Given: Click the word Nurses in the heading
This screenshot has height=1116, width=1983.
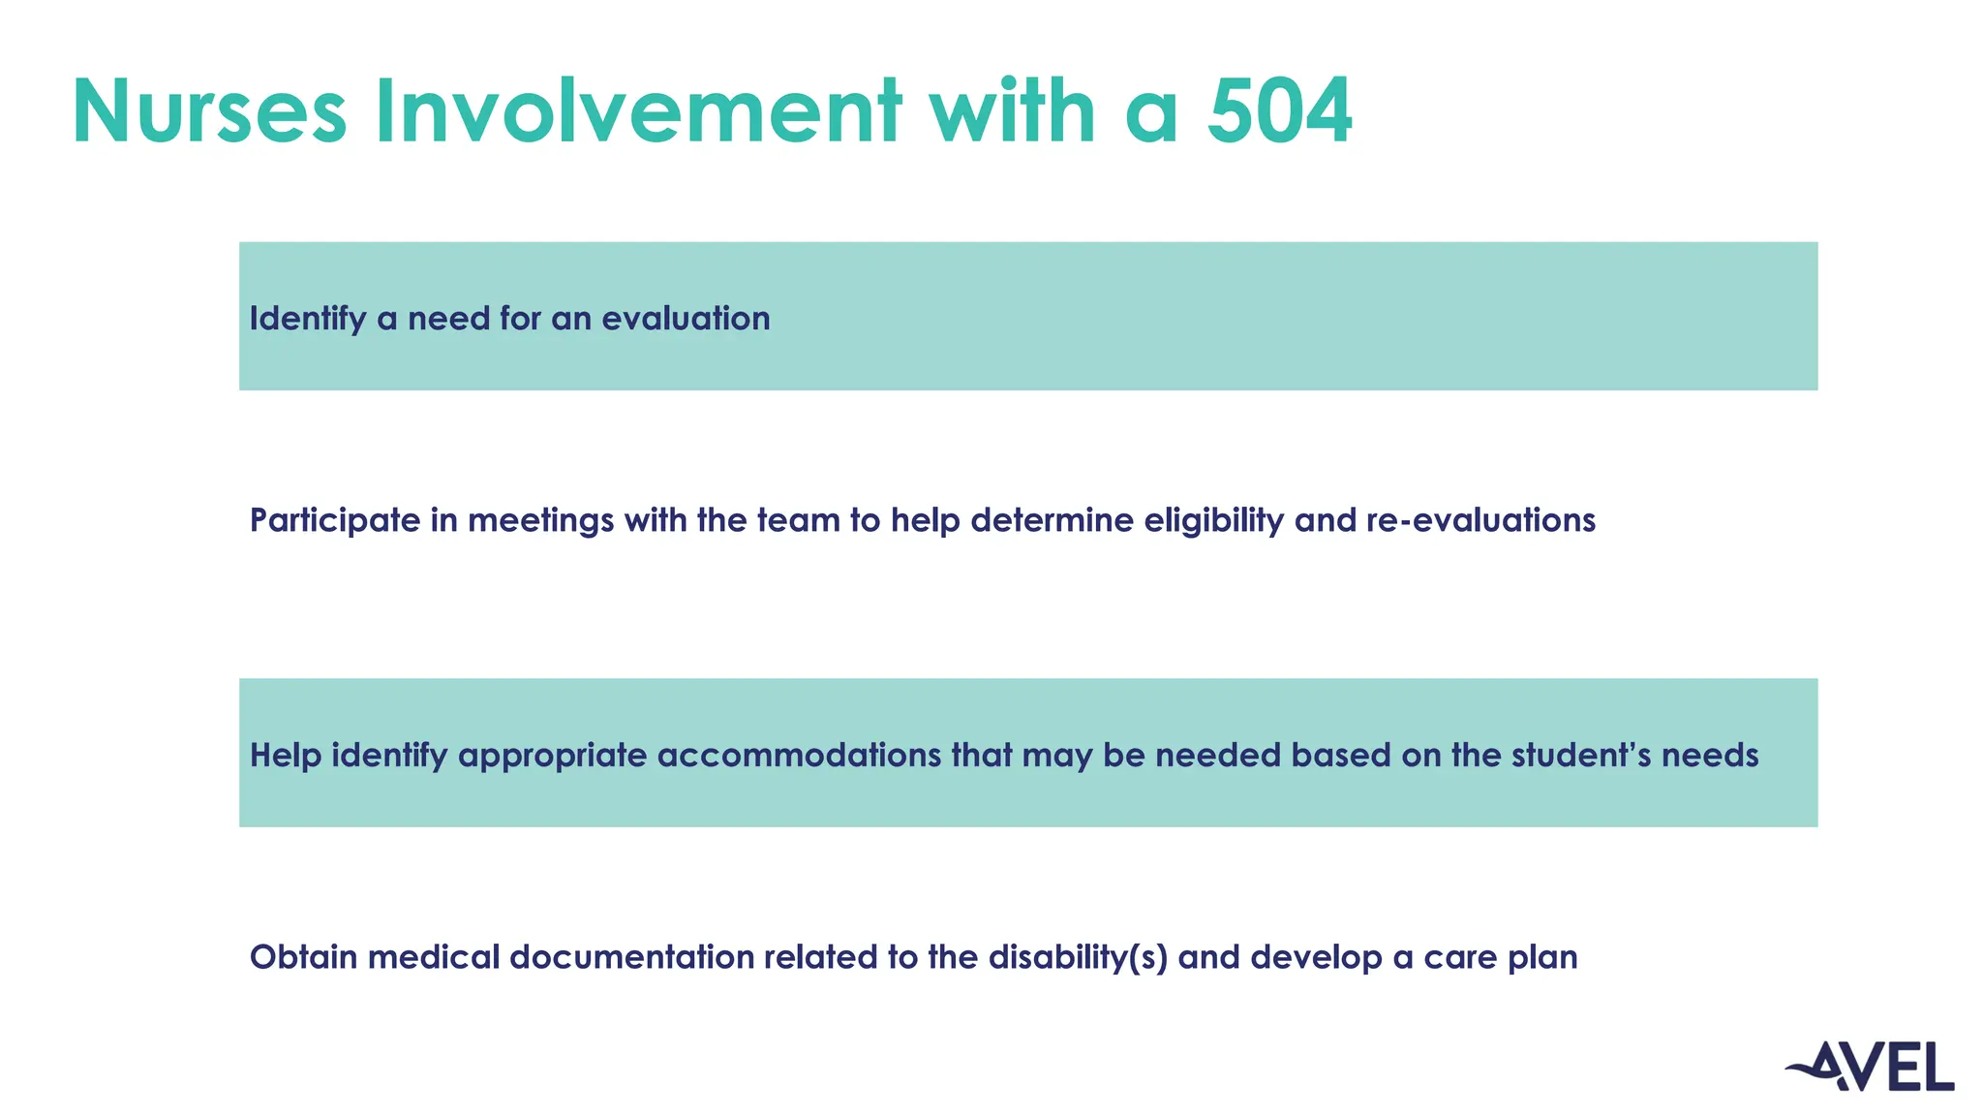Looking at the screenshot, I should click(x=209, y=111).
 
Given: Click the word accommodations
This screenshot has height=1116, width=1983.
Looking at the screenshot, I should click(x=799, y=755).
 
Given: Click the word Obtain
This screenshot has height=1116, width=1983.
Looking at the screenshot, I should click(x=303, y=957).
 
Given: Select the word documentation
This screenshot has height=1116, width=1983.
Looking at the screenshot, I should click(x=631, y=957).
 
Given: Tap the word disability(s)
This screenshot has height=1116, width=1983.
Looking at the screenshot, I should click(x=1078, y=957).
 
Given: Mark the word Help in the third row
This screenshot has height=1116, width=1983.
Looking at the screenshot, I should click(x=285, y=755).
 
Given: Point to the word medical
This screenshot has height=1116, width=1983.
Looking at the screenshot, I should click(x=433, y=957).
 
